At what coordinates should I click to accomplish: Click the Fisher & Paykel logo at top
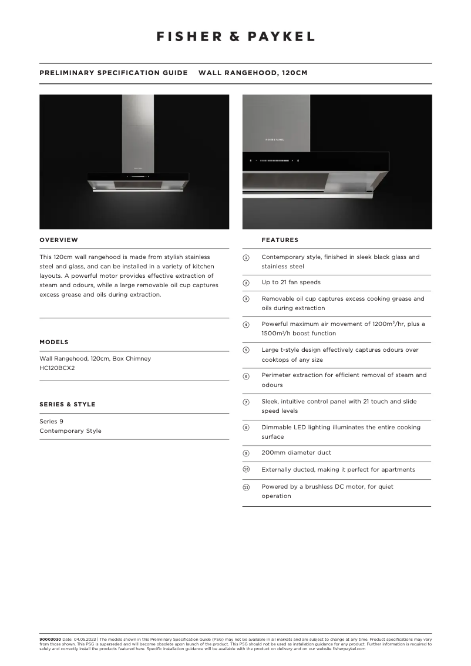235,36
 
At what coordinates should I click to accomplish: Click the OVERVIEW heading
59,240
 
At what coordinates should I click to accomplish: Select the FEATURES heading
280,240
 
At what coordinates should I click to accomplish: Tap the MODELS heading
54,342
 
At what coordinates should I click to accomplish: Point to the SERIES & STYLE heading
67,404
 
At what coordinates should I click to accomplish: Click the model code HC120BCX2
57,368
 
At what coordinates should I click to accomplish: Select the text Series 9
51,421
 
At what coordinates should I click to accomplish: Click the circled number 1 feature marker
246,258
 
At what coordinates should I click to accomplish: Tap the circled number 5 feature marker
246,350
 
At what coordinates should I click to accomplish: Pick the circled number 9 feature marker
246,453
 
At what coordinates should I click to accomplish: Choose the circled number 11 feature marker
246,487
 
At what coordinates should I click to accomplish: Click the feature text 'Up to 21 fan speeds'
291,282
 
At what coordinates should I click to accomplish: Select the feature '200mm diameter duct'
296,453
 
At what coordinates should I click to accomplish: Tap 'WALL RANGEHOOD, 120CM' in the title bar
253,73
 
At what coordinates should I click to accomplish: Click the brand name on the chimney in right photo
275,140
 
